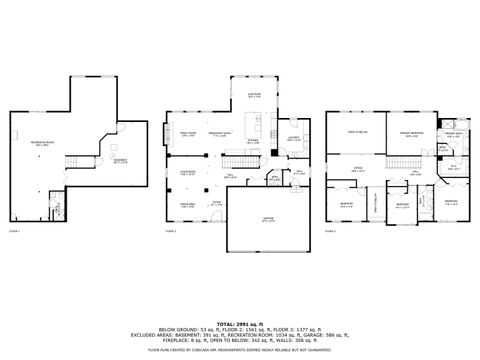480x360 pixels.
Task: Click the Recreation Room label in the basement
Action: click(x=42, y=143)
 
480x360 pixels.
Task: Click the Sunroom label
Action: click(x=255, y=95)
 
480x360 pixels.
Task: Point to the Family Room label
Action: click(x=187, y=134)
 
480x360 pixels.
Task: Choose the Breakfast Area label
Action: click(x=220, y=134)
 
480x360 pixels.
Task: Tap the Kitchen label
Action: click(x=256, y=141)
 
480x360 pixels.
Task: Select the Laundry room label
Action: click(x=295, y=138)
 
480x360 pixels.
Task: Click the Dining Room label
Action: click(x=187, y=205)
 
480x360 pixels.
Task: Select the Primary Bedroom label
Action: click(x=410, y=133)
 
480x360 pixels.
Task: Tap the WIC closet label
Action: click(x=452, y=167)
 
